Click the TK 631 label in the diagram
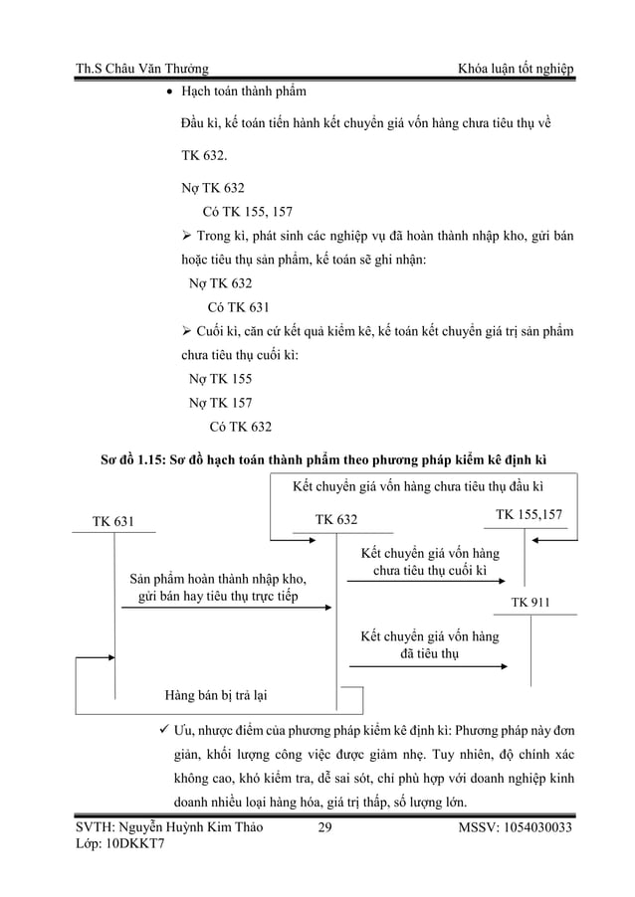pos(111,519)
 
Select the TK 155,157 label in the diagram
pos(529,514)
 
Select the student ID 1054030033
pos(529,827)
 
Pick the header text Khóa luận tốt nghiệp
pos(515,69)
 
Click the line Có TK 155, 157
pos(247,211)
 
